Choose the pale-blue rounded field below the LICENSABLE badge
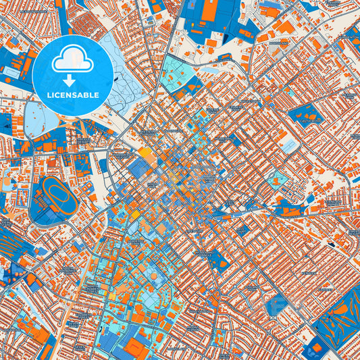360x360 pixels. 42,115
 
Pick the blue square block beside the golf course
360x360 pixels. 313,348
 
